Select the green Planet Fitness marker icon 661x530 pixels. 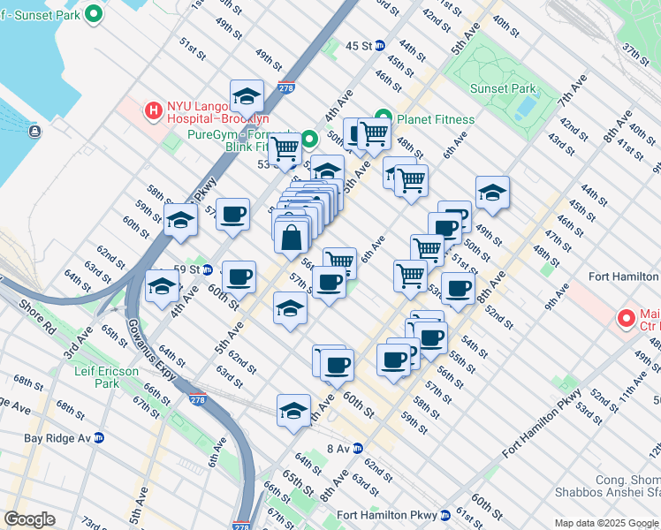click(384, 117)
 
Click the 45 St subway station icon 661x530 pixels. click(380, 46)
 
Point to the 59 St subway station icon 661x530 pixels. click(207, 269)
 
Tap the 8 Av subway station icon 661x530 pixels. click(358, 448)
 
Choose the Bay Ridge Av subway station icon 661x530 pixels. click(100, 437)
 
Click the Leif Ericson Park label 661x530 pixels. click(107, 377)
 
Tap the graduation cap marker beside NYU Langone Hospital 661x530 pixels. click(247, 97)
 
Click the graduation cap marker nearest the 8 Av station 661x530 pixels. click(294, 411)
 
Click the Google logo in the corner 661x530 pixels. click(30, 519)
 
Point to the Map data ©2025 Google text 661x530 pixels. click(606, 523)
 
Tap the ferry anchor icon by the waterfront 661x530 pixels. click(34, 132)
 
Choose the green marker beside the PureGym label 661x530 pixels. click(309, 139)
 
